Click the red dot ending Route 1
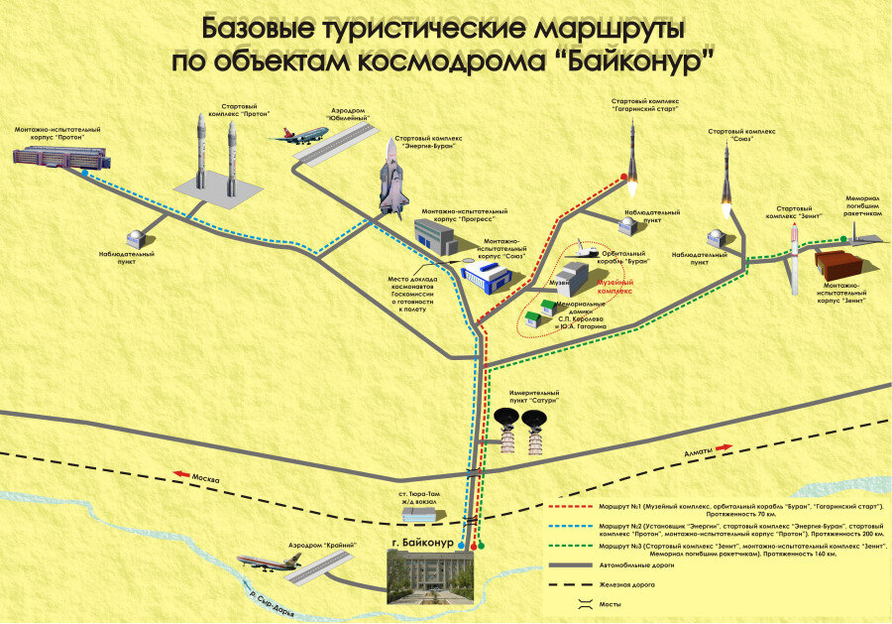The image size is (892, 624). click(624, 178)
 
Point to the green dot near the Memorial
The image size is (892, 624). click(844, 238)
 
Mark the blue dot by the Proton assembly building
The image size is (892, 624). click(84, 174)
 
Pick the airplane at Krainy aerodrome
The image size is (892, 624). click(270, 561)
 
